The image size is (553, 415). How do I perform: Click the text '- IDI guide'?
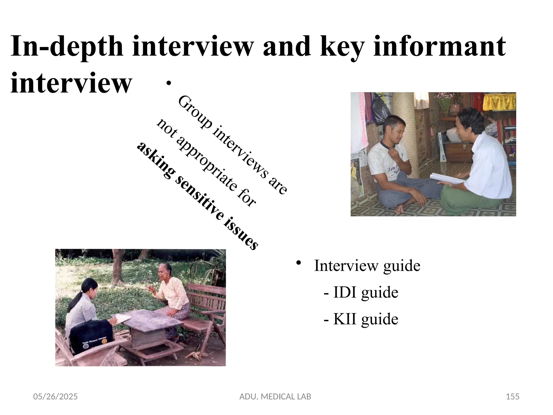tap(361, 292)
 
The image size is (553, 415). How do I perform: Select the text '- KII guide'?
tap(361, 319)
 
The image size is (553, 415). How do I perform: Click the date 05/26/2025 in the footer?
tap(55, 397)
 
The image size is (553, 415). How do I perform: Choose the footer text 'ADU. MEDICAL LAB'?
tap(275, 397)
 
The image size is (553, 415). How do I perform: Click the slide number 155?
tap(512, 397)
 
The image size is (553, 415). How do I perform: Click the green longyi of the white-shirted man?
tap(470, 200)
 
